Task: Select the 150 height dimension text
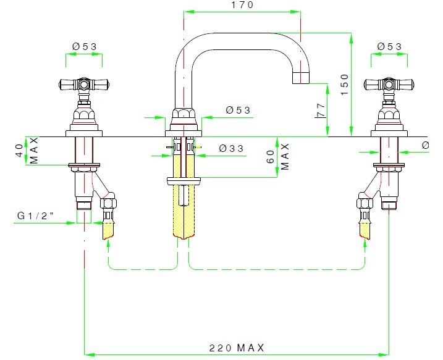click(x=345, y=85)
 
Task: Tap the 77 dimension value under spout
click(x=320, y=111)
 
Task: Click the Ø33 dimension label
click(x=230, y=149)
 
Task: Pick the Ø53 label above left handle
click(x=84, y=46)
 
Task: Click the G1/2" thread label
click(x=35, y=217)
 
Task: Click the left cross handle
click(x=83, y=83)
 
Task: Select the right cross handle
click(x=389, y=83)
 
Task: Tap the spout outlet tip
click(x=301, y=78)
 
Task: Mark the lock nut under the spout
click(x=184, y=180)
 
